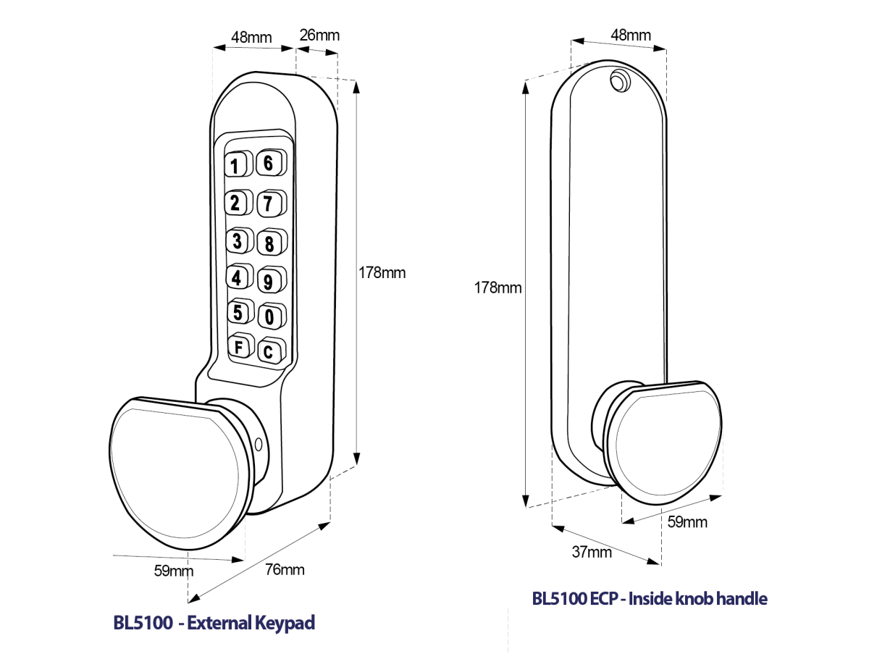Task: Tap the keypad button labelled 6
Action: (x=268, y=164)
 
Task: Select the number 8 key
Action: (x=269, y=243)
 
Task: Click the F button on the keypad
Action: (x=238, y=347)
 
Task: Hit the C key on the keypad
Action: (x=268, y=353)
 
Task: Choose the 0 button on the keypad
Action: (x=269, y=316)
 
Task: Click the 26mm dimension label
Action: (x=319, y=35)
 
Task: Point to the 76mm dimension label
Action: (x=285, y=569)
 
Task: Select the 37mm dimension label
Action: (x=592, y=553)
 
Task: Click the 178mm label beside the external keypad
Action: (x=382, y=273)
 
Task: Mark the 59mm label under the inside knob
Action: (x=687, y=522)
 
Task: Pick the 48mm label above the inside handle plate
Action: (x=631, y=35)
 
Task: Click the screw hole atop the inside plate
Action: (x=618, y=80)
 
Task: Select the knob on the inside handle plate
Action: (x=663, y=442)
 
